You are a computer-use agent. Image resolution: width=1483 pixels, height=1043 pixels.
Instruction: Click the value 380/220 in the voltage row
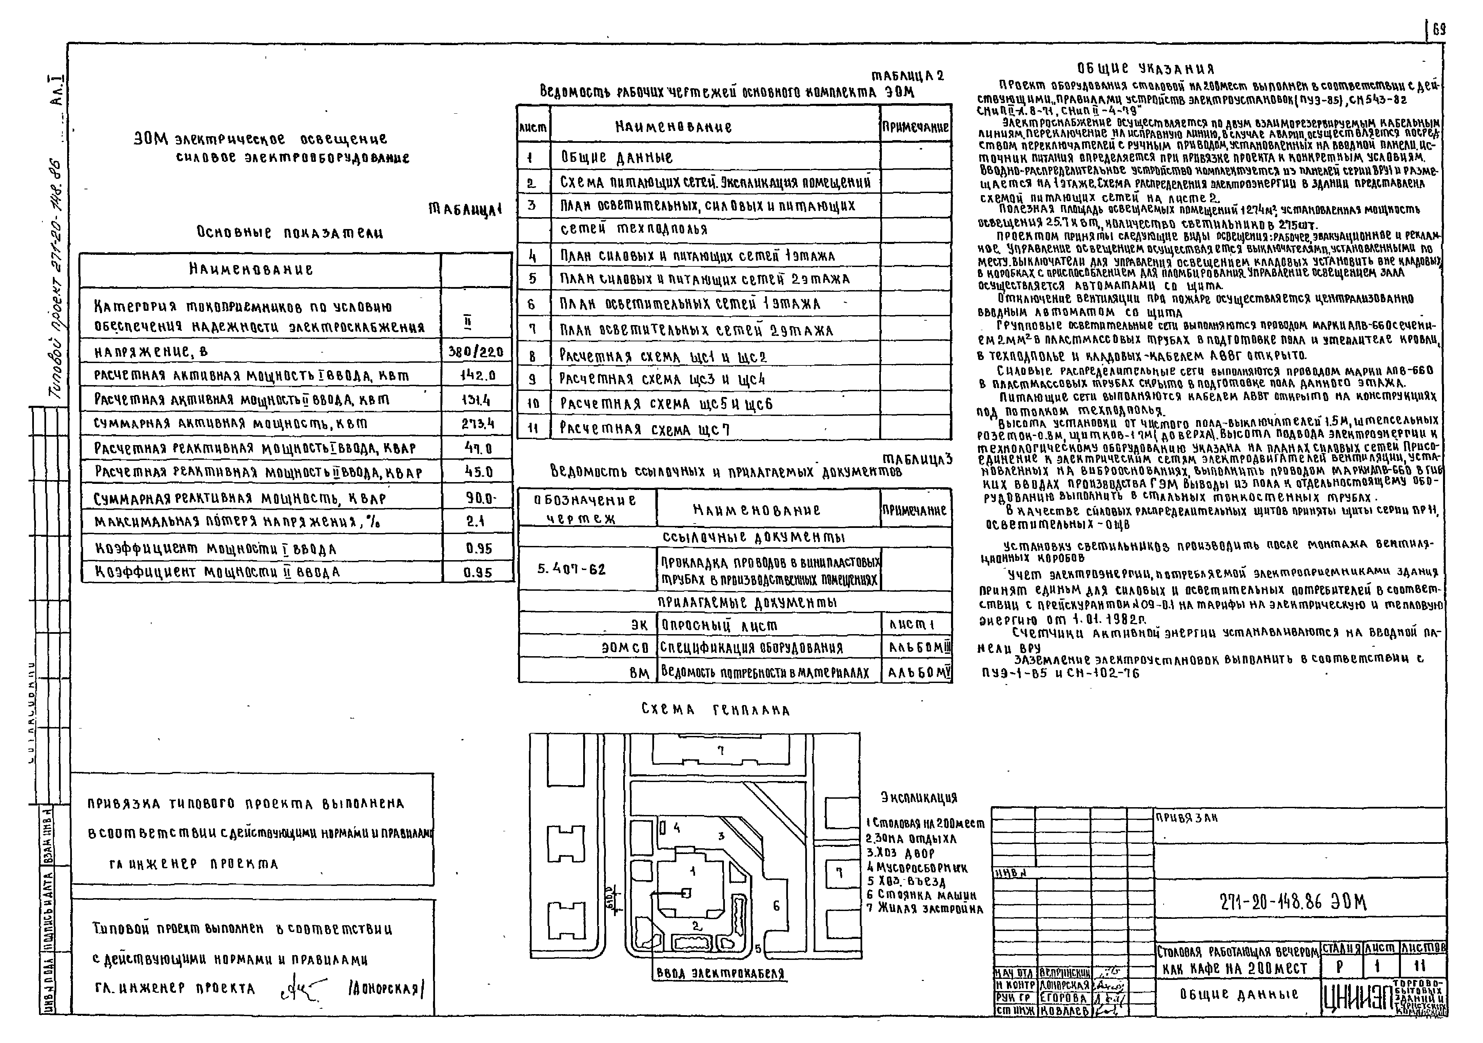pyautogui.click(x=476, y=352)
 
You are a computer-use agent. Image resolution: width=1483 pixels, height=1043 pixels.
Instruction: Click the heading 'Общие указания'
pyautogui.click(x=1145, y=69)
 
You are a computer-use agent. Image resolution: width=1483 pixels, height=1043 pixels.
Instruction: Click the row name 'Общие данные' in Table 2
pyautogui.click(x=617, y=157)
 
